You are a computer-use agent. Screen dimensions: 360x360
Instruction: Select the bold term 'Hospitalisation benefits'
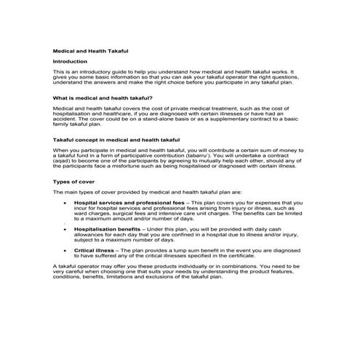[x=108, y=228]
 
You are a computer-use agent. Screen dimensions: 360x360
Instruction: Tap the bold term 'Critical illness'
[x=95, y=249]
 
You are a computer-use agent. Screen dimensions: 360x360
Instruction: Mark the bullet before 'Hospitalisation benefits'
[x=65, y=228]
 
